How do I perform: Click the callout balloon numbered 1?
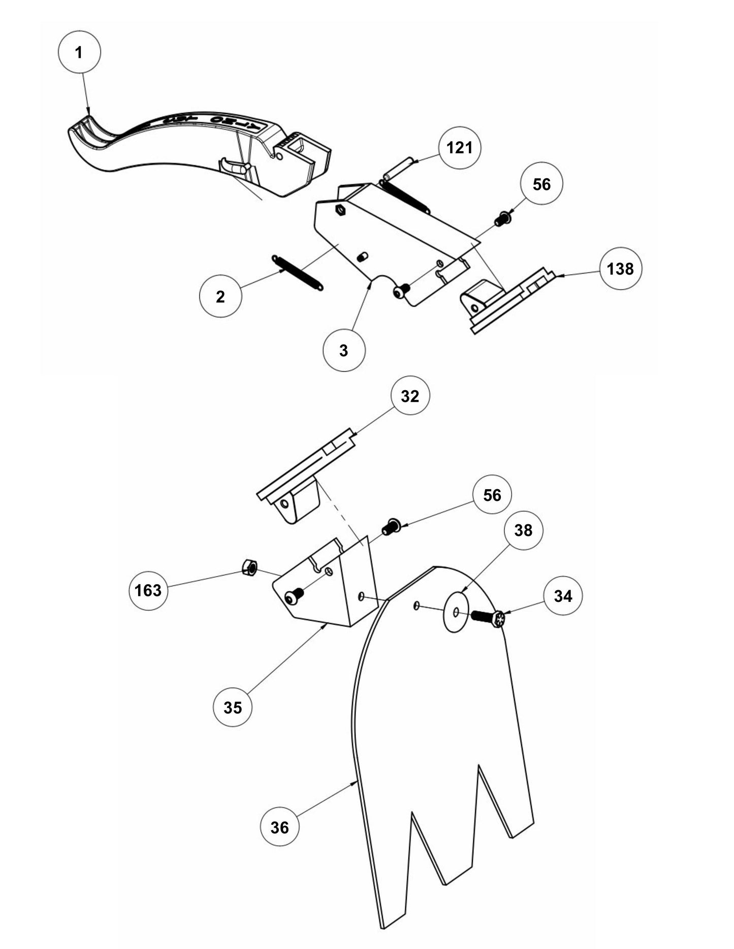coord(80,52)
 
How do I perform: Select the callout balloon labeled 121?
coord(460,148)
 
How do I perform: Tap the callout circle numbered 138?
coord(620,268)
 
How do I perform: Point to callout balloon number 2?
coord(220,296)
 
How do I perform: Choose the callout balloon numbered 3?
coord(344,350)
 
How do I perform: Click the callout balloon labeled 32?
coord(410,396)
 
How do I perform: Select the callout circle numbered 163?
coord(148,590)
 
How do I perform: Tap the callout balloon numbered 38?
coord(523,530)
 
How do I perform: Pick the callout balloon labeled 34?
coord(563,596)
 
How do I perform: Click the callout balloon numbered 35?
coord(233,707)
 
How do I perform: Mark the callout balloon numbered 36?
coord(279,827)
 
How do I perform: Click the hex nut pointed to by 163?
coord(249,567)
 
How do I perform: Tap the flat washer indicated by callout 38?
coord(456,612)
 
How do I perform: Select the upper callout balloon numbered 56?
coord(541,184)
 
